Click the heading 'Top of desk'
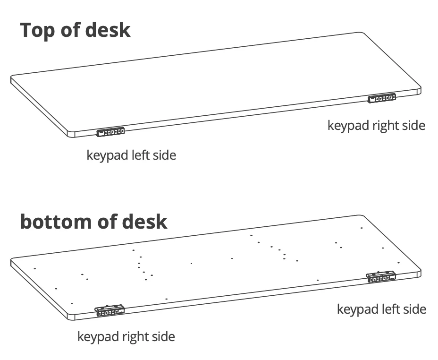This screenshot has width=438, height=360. pyautogui.click(x=75, y=30)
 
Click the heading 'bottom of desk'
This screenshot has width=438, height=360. pyautogui.click(x=93, y=222)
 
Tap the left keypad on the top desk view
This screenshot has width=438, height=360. pyautogui.click(x=110, y=132)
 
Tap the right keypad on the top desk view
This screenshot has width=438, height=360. pyautogui.click(x=382, y=98)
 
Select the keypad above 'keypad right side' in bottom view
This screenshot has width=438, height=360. pyautogui.click(x=109, y=311)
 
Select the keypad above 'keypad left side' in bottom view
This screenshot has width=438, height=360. pyautogui.click(x=381, y=277)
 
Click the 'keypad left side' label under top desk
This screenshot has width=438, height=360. pyautogui.click(x=131, y=155)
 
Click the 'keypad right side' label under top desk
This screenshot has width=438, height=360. pyautogui.click(x=376, y=126)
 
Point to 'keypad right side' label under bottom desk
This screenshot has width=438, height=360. pyautogui.click(x=126, y=337)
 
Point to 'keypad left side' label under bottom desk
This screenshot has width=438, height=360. pyautogui.click(x=381, y=309)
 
